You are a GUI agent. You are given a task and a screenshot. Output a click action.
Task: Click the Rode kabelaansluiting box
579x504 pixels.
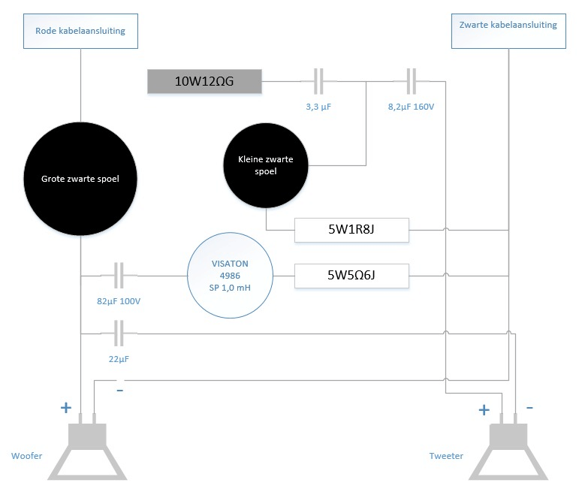click(x=80, y=31)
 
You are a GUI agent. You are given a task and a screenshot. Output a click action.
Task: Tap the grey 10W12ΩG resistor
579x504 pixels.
click(x=204, y=82)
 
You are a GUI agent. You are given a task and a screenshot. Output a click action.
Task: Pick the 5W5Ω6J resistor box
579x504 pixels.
click(x=351, y=276)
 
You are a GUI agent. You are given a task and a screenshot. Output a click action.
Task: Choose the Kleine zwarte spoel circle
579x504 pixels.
click(x=265, y=166)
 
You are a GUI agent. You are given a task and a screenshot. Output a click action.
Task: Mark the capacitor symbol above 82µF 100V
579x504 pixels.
click(x=118, y=276)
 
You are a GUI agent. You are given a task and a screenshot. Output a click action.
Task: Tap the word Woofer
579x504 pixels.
click(x=26, y=456)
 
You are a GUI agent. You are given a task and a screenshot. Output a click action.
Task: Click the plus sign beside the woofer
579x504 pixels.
click(x=65, y=408)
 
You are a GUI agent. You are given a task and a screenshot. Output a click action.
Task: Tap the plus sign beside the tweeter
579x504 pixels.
click(x=484, y=410)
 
